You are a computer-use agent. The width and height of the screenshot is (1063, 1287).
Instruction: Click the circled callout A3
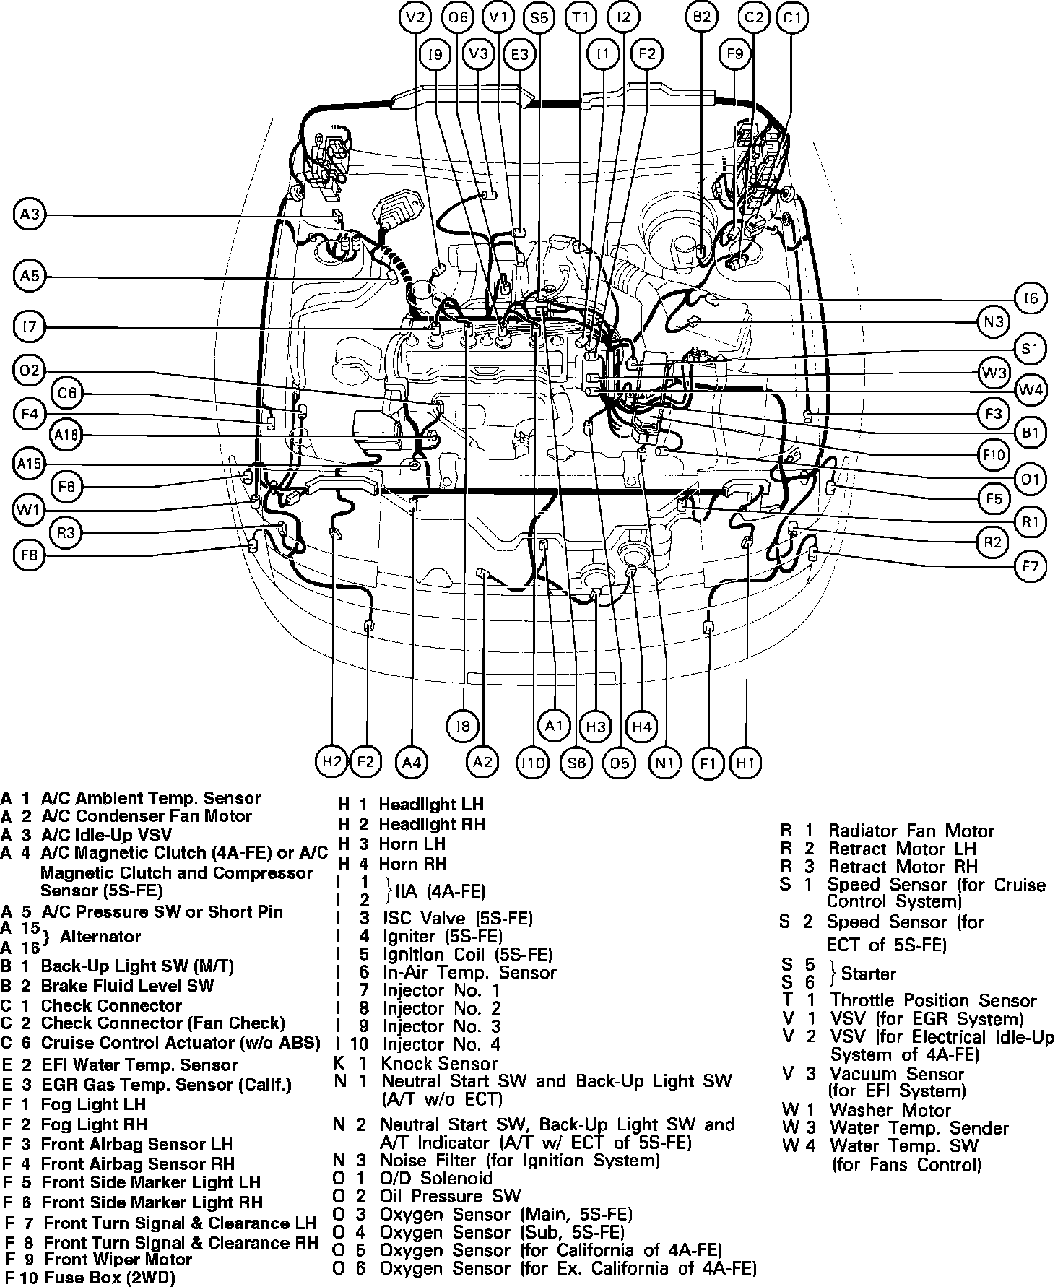[x=30, y=214]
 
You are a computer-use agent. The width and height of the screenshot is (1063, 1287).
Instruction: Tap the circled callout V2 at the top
[x=415, y=17]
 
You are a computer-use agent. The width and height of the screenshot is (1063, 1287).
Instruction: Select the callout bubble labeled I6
[x=1031, y=298]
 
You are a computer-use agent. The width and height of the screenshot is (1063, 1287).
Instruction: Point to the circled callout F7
[x=1031, y=567]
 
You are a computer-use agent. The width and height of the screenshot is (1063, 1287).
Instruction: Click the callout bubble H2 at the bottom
[x=331, y=761]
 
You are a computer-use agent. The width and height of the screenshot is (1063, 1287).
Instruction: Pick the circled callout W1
[x=30, y=511]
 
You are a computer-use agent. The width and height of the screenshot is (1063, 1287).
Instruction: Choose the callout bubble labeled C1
[x=792, y=17]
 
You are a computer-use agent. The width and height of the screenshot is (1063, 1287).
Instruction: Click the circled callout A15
[x=30, y=464]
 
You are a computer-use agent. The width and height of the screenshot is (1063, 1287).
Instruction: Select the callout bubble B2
[x=702, y=17]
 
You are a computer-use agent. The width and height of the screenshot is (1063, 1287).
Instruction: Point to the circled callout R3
[x=66, y=534]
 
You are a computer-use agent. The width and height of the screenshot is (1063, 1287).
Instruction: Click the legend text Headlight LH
[x=431, y=804]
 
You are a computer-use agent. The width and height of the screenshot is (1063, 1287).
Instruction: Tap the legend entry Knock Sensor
[x=439, y=1063]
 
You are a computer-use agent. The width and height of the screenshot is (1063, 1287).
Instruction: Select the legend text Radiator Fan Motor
[x=911, y=831]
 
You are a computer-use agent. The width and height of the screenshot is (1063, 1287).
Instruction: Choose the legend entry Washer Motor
[x=890, y=1109]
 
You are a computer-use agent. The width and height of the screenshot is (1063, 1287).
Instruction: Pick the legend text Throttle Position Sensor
[x=932, y=1000]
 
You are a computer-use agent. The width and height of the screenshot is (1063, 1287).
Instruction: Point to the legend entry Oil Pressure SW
[x=449, y=1197]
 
